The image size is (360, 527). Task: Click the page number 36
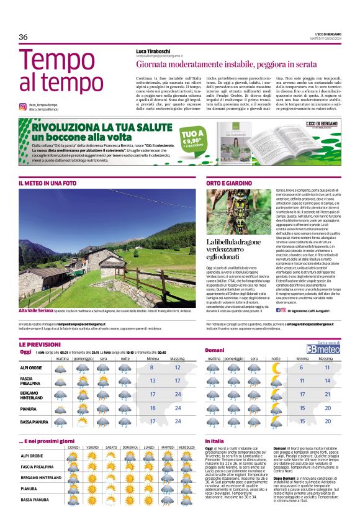tap(23, 37)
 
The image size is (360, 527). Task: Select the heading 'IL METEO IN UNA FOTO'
tap(48, 184)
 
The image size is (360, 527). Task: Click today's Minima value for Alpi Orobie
tap(152, 368)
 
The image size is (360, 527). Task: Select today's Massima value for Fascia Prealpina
tap(178, 381)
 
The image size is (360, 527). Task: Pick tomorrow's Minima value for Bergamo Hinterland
tap(302, 394)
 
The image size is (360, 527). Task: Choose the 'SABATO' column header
tap(112, 447)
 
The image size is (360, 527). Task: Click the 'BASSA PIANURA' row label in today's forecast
tap(34, 421)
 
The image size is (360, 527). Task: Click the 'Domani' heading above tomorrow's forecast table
tap(215, 351)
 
